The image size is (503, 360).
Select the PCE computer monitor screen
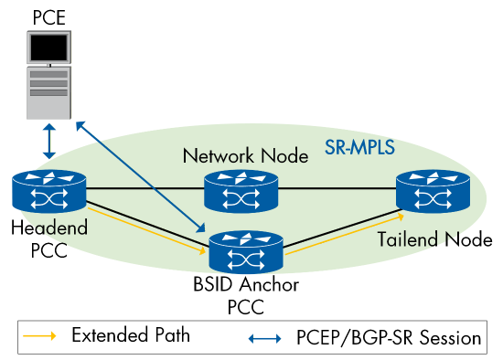[x=48, y=47]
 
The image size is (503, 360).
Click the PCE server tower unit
[x=48, y=90]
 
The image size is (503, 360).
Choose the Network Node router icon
[x=241, y=190]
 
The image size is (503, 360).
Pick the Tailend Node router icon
[x=433, y=190]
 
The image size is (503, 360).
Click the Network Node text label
[x=245, y=155]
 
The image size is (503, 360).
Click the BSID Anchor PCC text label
[x=245, y=296]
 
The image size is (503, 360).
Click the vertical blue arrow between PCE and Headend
[x=48, y=142]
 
